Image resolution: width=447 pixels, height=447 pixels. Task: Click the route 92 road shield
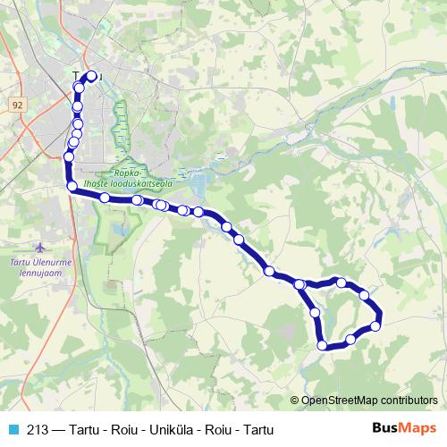pos(17,105)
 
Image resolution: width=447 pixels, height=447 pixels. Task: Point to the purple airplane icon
pos(39,245)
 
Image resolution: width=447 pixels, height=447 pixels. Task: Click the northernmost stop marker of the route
pos(91,76)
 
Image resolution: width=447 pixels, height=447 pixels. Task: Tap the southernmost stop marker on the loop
pos(323,344)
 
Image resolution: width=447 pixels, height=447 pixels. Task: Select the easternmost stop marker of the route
pos(376,325)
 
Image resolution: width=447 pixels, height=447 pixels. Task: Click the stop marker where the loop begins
pos(300,284)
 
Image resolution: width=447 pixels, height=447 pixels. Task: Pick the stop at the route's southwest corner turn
pos(72,186)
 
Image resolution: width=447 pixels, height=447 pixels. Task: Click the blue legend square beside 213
pos(13,428)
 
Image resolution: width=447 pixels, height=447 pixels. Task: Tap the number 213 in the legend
pos(38,428)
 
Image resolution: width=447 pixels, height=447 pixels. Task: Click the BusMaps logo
pos(404,428)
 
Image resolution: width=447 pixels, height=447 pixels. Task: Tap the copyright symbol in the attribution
pos(294,401)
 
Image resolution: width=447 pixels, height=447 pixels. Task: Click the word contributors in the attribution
pos(409,401)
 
